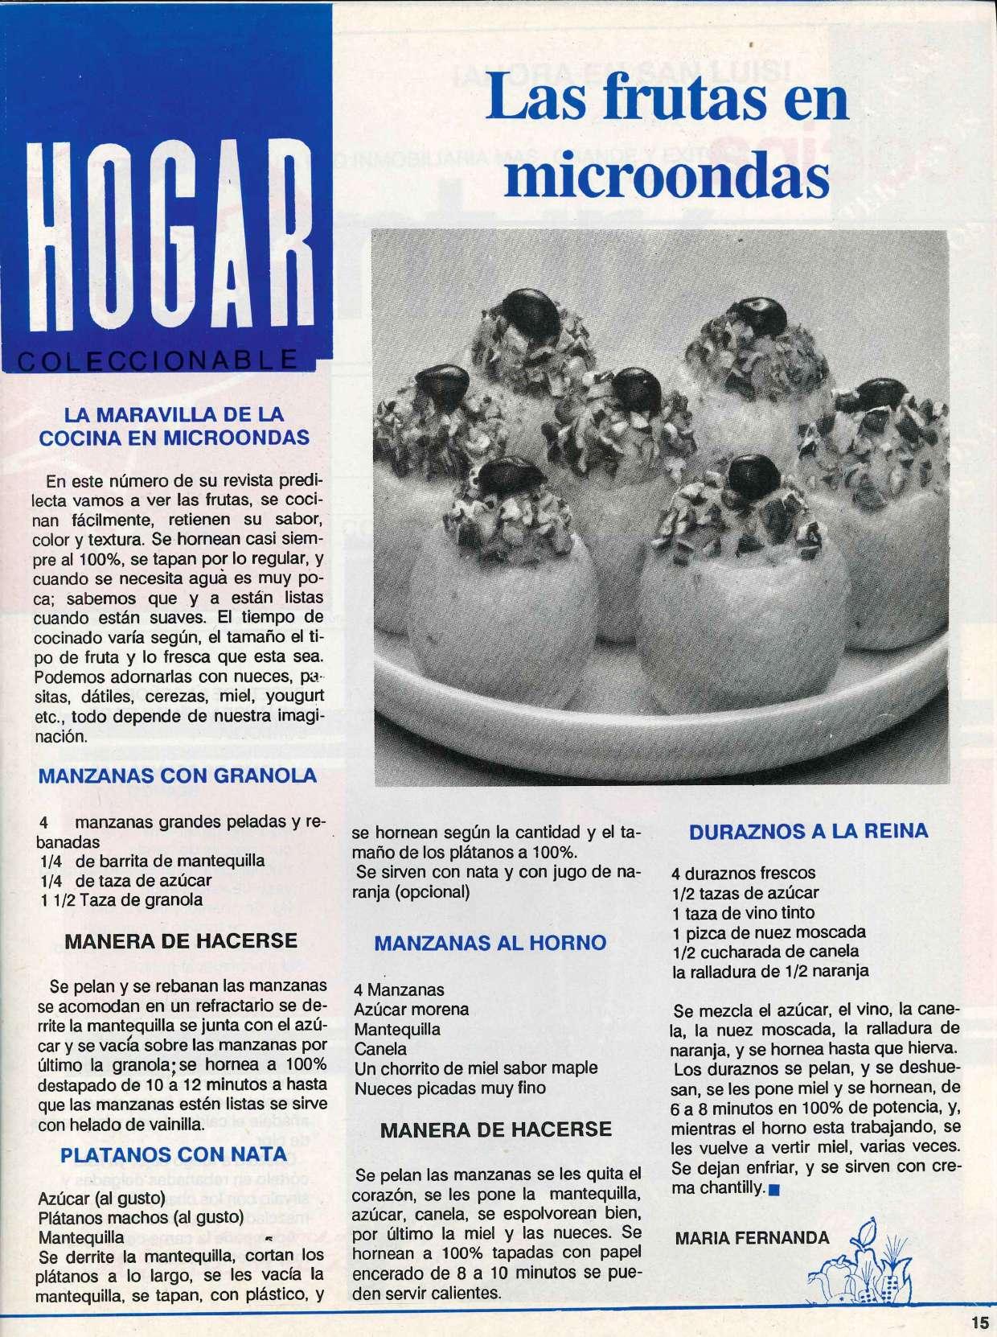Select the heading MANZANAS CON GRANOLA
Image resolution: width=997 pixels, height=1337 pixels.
(x=178, y=776)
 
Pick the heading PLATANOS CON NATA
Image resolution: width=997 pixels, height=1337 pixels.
(x=174, y=1154)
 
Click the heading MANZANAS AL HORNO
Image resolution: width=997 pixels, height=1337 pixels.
(x=490, y=943)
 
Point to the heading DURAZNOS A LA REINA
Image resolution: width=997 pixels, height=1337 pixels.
(x=809, y=831)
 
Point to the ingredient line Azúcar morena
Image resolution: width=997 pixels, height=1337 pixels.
(x=412, y=1009)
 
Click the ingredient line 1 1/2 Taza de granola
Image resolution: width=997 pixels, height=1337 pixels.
(x=121, y=900)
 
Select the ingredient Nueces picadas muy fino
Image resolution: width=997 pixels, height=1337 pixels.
(x=450, y=1088)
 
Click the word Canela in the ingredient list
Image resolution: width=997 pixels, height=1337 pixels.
(x=380, y=1049)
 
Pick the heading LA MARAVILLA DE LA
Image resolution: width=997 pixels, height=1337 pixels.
(x=174, y=416)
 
